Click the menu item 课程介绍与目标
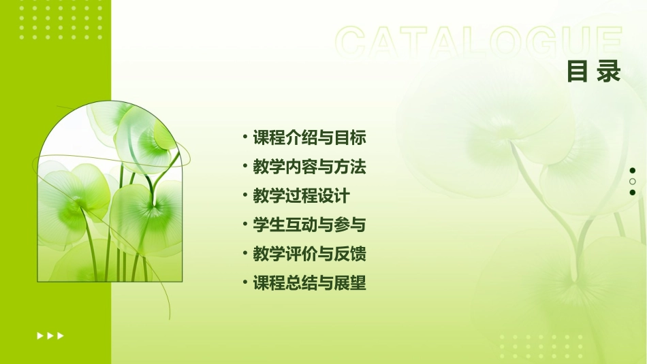coord(310,138)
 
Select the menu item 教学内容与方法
coord(310,167)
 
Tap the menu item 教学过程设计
coord(301,196)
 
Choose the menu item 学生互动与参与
coord(310,225)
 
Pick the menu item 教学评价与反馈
coord(310,254)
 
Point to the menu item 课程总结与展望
coord(310,283)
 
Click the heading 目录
coord(594,71)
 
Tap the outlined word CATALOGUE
coord(479,43)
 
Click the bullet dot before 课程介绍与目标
coord(245,137)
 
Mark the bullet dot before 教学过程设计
coord(245,195)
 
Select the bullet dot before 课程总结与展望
coord(245,282)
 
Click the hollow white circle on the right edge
coord(633,182)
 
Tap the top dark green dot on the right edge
coord(633,170)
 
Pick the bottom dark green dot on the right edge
coord(633,193)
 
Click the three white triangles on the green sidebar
coord(50,335)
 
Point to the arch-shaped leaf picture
coord(110,192)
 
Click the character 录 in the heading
coord(608,71)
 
